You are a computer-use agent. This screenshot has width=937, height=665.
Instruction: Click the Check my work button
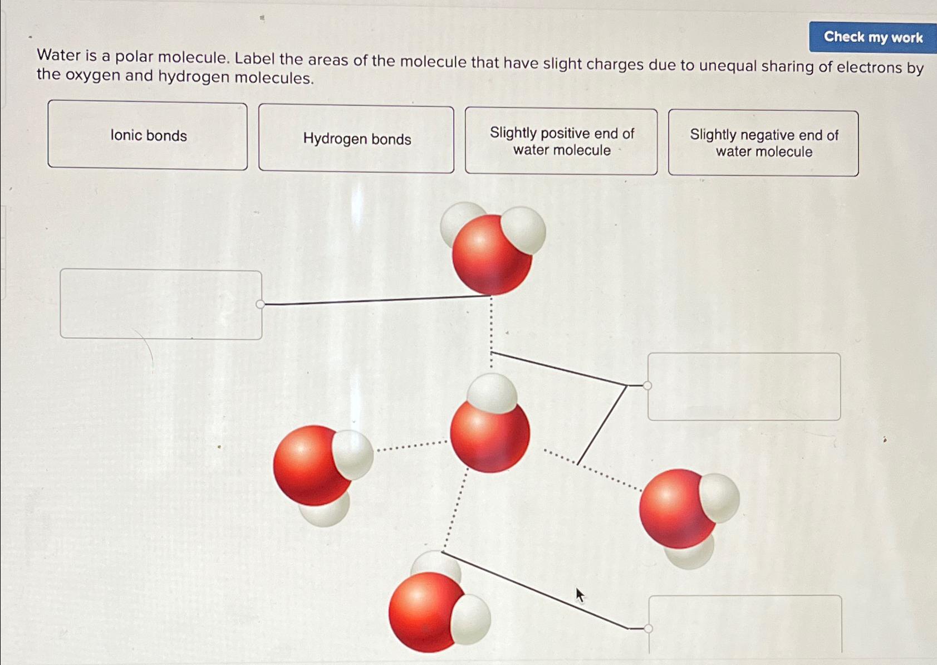(872, 37)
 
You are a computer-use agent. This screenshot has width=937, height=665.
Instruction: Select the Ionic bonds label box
(148, 135)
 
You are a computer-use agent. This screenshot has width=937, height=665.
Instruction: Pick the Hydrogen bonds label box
(356, 139)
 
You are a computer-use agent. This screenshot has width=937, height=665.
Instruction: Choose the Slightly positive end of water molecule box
(561, 141)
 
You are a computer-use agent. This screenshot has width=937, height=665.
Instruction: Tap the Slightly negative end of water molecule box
(763, 143)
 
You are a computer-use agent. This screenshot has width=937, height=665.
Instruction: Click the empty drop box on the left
(161, 304)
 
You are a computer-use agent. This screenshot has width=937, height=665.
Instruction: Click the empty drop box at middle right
(744, 386)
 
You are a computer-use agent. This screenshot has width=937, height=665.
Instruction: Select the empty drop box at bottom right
(745, 624)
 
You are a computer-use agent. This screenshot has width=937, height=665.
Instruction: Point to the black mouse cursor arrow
(580, 594)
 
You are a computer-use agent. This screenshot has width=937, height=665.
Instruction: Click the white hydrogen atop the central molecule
(492, 393)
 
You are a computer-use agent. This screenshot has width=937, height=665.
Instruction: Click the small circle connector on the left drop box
(260, 304)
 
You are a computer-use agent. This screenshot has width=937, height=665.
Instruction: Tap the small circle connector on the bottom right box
(648, 628)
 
